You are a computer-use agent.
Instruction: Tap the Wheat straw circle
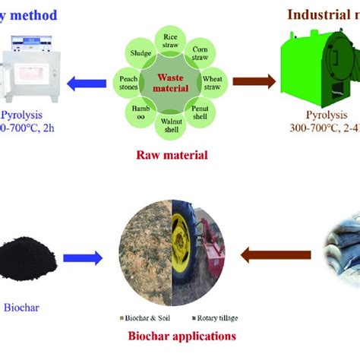pyautogui.click(x=212, y=80)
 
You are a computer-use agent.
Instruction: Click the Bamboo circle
pyautogui.click(x=139, y=109)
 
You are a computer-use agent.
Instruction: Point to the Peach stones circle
pyautogui.click(x=128, y=80)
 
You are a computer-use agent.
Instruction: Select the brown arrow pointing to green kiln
pyautogui.click(x=252, y=80)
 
